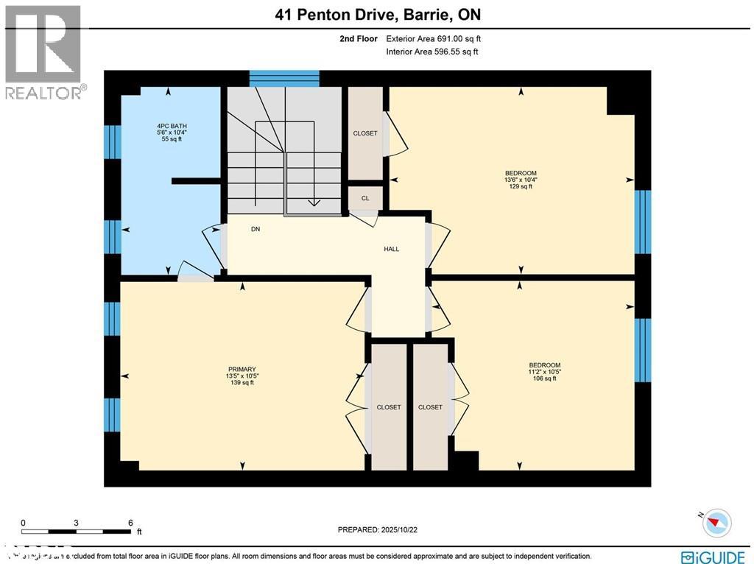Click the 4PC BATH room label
coord(171,126)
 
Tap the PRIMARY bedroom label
coord(242,369)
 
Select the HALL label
coord(391,249)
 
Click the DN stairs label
coord(256,229)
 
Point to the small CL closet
coord(364,198)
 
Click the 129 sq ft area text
coord(521,187)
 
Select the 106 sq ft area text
coord(544,378)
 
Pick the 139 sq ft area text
coord(242,382)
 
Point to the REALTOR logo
coord(43,52)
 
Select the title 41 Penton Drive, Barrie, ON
coord(377,15)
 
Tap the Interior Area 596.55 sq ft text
coord(431,52)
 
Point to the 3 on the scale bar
coord(77,523)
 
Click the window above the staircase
coord(284,78)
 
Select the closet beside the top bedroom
coord(365,133)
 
